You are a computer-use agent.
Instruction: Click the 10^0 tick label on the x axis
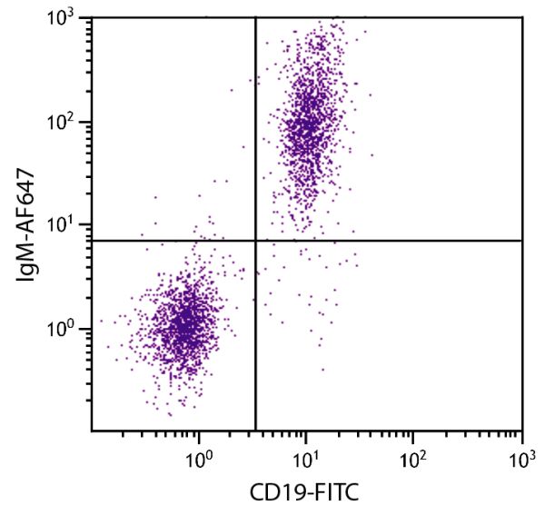point(198,457)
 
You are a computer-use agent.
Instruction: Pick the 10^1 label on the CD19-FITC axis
point(306,457)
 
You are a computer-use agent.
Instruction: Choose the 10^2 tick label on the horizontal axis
point(413,457)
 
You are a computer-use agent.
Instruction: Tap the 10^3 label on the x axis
point(520,457)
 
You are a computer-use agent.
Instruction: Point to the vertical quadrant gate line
point(255,136)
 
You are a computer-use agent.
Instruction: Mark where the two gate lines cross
point(255,241)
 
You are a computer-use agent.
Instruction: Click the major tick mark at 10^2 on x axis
point(413,436)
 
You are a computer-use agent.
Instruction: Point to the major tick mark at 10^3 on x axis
point(521,436)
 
